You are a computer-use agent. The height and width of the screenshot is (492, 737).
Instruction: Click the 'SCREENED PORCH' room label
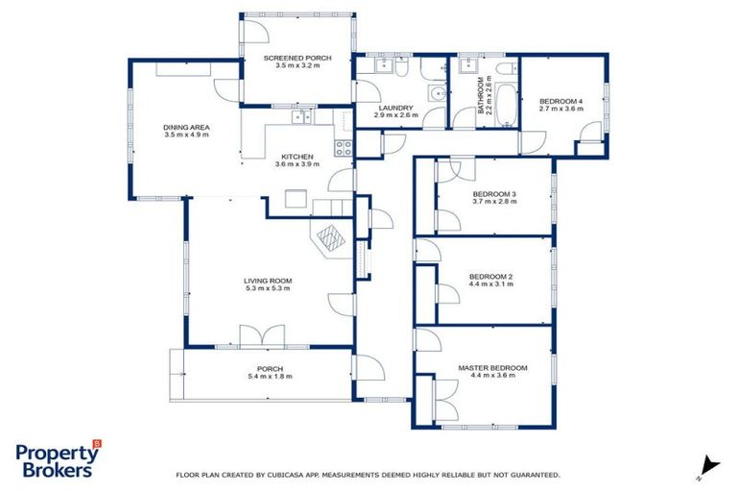pos(297,59)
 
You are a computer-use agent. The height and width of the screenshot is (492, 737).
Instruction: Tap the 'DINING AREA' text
pos(186,127)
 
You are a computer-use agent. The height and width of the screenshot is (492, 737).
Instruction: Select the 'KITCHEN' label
pos(297,157)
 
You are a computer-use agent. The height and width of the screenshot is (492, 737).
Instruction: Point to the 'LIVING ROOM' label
pos(268,281)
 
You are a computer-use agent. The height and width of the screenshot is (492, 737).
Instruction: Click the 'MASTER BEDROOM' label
pos(492,368)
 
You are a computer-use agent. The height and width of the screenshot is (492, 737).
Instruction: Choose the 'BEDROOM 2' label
pos(490,277)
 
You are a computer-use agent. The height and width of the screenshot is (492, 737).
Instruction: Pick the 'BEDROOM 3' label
pos(494,194)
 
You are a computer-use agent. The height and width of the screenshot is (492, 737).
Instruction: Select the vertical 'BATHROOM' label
pos(482,97)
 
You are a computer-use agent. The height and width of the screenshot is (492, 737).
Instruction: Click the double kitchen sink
pos(302,117)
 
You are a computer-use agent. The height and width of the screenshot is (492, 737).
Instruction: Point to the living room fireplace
pos(329,235)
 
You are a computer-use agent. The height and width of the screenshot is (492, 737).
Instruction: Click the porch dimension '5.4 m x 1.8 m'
pos(268,376)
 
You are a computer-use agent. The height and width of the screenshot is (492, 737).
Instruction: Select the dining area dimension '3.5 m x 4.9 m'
pos(186,135)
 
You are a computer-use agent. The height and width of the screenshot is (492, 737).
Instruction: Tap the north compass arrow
pos(708,464)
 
